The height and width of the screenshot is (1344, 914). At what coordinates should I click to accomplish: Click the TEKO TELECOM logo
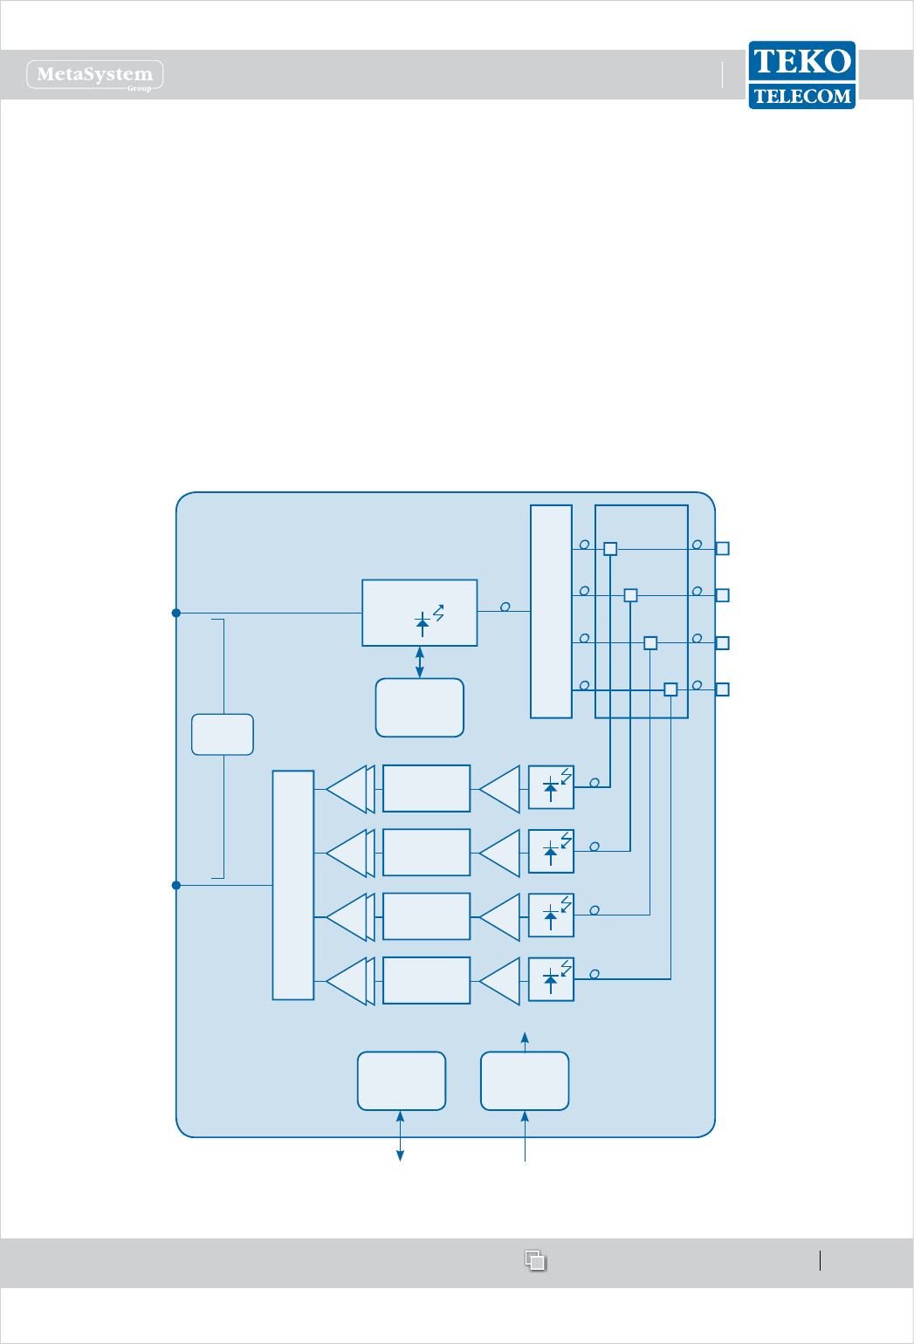click(801, 75)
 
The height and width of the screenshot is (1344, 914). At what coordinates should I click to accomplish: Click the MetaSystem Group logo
click(95, 75)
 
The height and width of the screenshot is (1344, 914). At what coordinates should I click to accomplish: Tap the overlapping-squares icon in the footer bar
click(535, 1260)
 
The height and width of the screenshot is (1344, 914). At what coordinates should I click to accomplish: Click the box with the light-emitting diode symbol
click(420, 613)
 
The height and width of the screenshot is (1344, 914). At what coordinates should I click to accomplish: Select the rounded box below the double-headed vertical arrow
click(420, 708)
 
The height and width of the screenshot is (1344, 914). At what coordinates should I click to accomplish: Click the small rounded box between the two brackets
click(223, 734)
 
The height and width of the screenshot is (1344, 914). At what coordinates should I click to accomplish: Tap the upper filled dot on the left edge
click(176, 614)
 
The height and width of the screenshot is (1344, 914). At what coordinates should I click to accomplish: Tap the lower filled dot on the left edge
click(176, 885)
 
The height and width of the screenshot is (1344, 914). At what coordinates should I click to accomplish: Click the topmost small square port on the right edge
click(722, 548)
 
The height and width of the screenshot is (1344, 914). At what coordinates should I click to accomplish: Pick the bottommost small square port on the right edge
click(722, 689)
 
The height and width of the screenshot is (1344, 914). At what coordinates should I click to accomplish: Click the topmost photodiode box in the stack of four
click(551, 787)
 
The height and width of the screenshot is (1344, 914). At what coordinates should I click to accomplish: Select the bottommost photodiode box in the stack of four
click(551, 979)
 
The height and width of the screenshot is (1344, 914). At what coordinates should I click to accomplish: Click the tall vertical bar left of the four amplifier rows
click(293, 885)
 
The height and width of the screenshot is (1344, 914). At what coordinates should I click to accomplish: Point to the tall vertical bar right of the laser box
click(551, 611)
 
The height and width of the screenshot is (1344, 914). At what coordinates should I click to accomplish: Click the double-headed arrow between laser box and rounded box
click(420, 662)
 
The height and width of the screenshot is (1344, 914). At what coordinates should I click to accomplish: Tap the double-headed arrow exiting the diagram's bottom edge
click(401, 1135)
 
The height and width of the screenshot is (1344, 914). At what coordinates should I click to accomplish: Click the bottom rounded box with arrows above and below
click(525, 1081)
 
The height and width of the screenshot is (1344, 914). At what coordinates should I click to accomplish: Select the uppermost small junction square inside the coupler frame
click(610, 549)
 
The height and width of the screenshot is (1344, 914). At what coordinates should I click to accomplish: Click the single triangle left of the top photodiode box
click(500, 789)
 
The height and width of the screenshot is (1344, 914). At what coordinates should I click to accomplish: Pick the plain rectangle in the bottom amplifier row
click(426, 980)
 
